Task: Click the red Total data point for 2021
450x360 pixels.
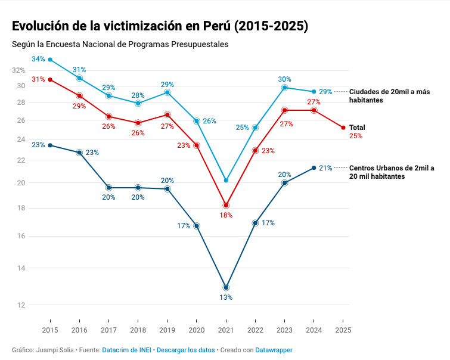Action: point(226,206)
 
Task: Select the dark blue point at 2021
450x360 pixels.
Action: point(226,288)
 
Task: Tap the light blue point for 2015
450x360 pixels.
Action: point(50,60)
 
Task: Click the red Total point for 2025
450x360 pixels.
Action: point(343,128)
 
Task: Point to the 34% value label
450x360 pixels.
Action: point(39,59)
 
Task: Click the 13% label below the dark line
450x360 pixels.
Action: point(226,297)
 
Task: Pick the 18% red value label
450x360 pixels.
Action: point(226,215)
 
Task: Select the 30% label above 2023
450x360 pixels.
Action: point(284,79)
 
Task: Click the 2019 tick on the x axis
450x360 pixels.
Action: point(167,329)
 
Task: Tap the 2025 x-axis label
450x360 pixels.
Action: point(343,329)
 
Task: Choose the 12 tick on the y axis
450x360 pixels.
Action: point(21,305)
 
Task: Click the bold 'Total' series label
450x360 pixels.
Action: point(357,128)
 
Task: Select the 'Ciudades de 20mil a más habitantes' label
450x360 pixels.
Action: point(389,95)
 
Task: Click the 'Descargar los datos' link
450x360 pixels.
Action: point(185,350)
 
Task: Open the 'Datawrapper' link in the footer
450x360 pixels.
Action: point(274,350)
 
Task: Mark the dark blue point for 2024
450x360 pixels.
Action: point(314,167)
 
